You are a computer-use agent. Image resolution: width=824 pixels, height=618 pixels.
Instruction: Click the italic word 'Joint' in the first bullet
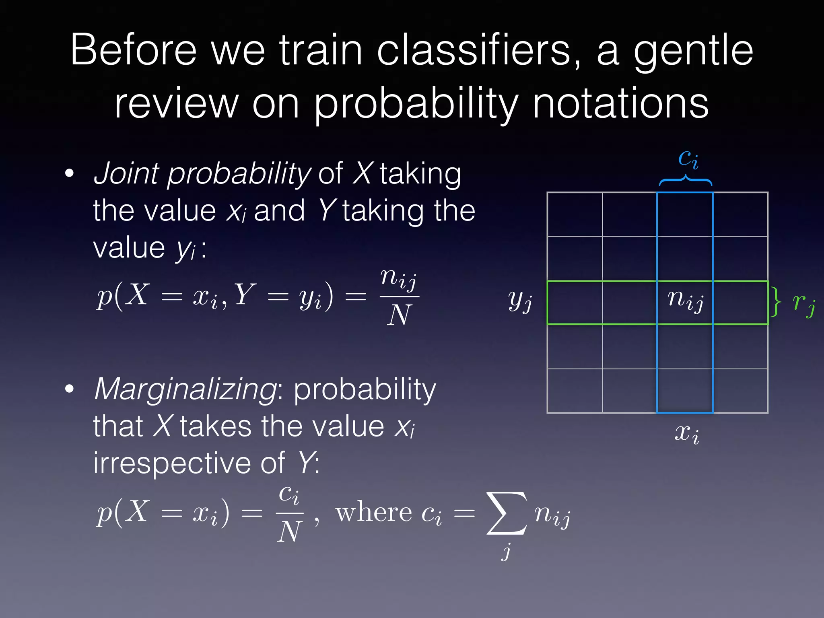click(126, 174)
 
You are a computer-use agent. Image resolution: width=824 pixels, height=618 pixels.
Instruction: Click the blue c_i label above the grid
click(688, 159)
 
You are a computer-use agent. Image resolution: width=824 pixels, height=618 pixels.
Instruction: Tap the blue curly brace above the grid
click(685, 180)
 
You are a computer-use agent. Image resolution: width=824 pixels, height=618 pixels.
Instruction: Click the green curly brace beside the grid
click(775, 302)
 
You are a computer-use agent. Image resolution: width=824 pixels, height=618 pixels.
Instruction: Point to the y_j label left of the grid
click(520, 301)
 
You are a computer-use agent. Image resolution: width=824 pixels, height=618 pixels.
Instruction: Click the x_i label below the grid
click(686, 433)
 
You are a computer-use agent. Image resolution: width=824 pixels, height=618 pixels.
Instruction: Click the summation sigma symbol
click(506, 513)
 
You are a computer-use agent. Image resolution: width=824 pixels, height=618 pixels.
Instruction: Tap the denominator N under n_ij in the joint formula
click(399, 315)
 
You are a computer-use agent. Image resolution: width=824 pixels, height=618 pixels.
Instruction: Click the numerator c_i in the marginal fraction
click(289, 494)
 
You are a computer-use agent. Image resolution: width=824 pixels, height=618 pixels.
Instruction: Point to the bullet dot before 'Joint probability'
click(70, 174)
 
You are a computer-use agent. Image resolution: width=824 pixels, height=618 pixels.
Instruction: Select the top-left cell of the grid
click(575, 214)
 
